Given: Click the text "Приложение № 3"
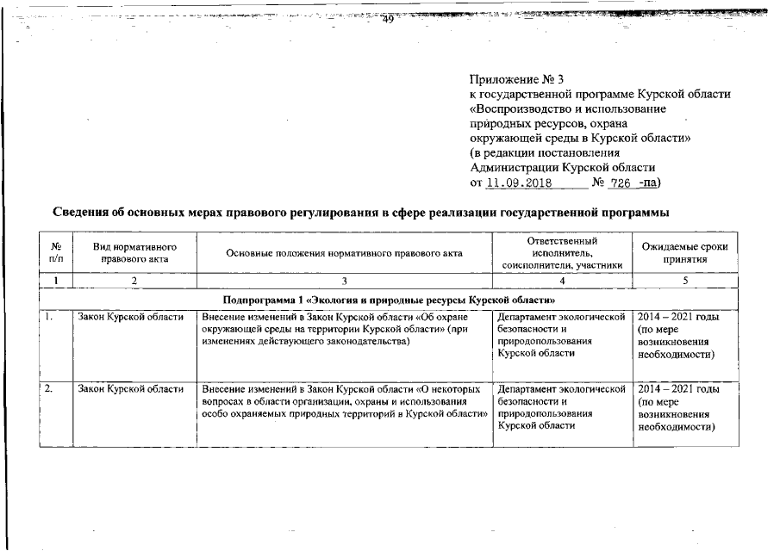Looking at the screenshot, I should [515, 80].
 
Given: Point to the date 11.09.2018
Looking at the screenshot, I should [516, 183].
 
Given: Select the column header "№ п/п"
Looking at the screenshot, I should [56, 251].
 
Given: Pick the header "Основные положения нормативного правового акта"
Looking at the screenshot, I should [344, 252].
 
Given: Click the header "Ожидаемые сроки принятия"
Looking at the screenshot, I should [684, 251].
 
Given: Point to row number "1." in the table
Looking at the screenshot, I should [51, 318].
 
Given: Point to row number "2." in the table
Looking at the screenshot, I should [51, 389].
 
